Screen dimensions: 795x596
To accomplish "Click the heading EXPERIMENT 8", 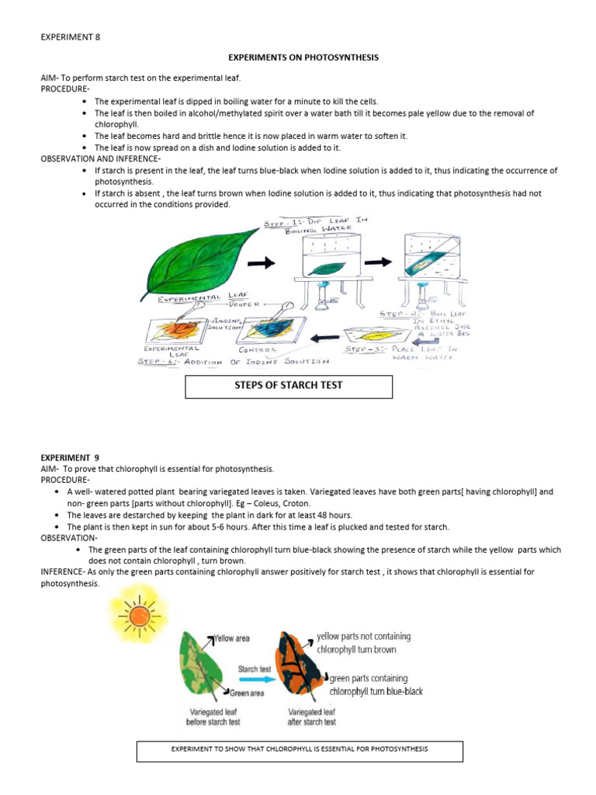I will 70,36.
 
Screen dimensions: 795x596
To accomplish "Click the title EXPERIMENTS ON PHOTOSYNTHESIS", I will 303,57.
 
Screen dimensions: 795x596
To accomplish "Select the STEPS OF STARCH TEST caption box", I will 289,386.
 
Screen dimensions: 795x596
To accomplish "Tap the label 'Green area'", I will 247,692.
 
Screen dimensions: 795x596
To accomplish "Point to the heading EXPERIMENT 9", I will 70,458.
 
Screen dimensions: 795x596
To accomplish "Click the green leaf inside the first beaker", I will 325,267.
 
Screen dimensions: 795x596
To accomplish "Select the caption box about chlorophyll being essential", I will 300,750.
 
